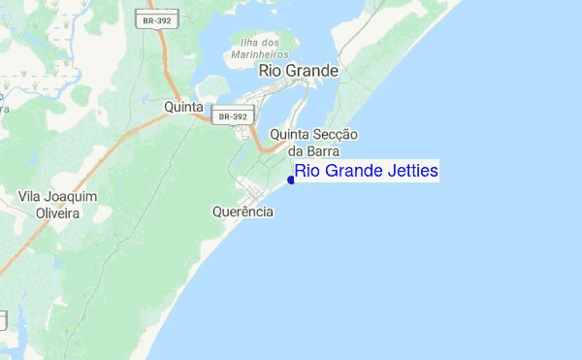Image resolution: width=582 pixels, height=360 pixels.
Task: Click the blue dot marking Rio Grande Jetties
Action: [292, 179]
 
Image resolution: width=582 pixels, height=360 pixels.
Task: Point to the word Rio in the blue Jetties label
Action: [307, 172]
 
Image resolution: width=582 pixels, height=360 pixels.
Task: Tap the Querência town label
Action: [242, 211]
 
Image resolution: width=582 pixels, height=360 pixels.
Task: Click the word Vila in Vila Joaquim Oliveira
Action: [33, 197]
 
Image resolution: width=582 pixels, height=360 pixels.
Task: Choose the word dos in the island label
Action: [271, 43]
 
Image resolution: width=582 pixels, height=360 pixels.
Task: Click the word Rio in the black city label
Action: [270, 71]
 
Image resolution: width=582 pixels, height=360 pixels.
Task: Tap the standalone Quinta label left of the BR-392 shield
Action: [184, 106]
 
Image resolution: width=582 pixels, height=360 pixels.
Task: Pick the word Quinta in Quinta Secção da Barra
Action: [289, 135]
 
